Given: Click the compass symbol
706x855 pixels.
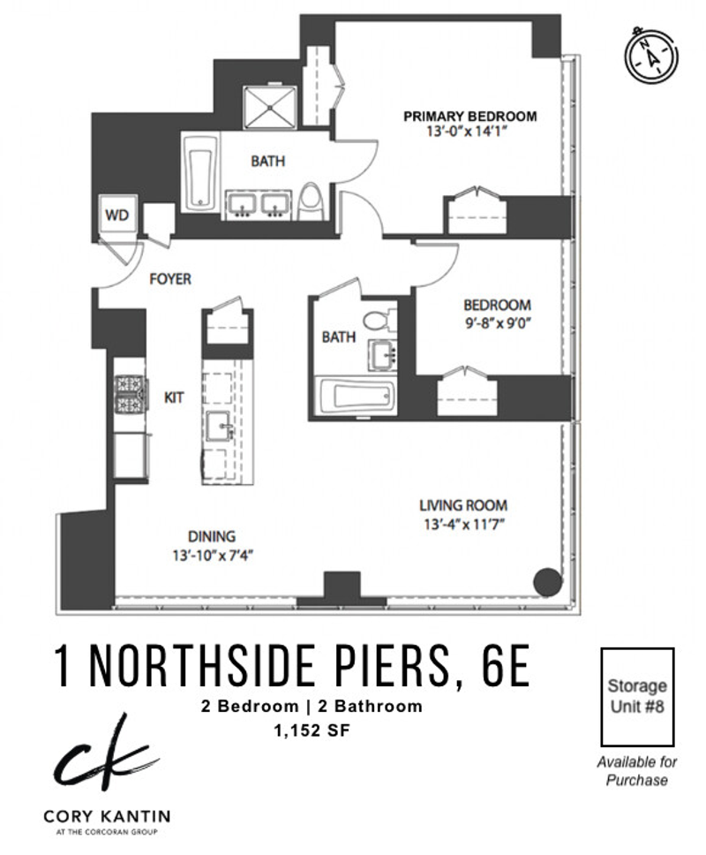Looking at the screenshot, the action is click(x=651, y=55).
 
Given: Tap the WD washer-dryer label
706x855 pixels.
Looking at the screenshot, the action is click(x=116, y=215).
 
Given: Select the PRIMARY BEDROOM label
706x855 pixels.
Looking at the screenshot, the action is click(x=470, y=116).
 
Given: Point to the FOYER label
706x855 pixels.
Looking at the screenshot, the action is click(x=170, y=279).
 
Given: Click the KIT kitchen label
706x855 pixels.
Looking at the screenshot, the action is click(x=174, y=397).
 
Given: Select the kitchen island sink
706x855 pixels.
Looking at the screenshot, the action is click(x=220, y=426).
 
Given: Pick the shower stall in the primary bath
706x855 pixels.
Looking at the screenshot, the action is click(x=270, y=107).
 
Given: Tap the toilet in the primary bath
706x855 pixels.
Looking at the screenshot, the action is click(x=311, y=201).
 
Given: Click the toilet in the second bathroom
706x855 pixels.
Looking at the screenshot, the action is click(x=379, y=320).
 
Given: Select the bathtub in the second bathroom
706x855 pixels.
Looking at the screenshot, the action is click(x=357, y=396).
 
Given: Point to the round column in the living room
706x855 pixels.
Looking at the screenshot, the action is click(x=547, y=582).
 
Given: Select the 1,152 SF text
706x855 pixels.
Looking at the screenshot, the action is click(x=312, y=730).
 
